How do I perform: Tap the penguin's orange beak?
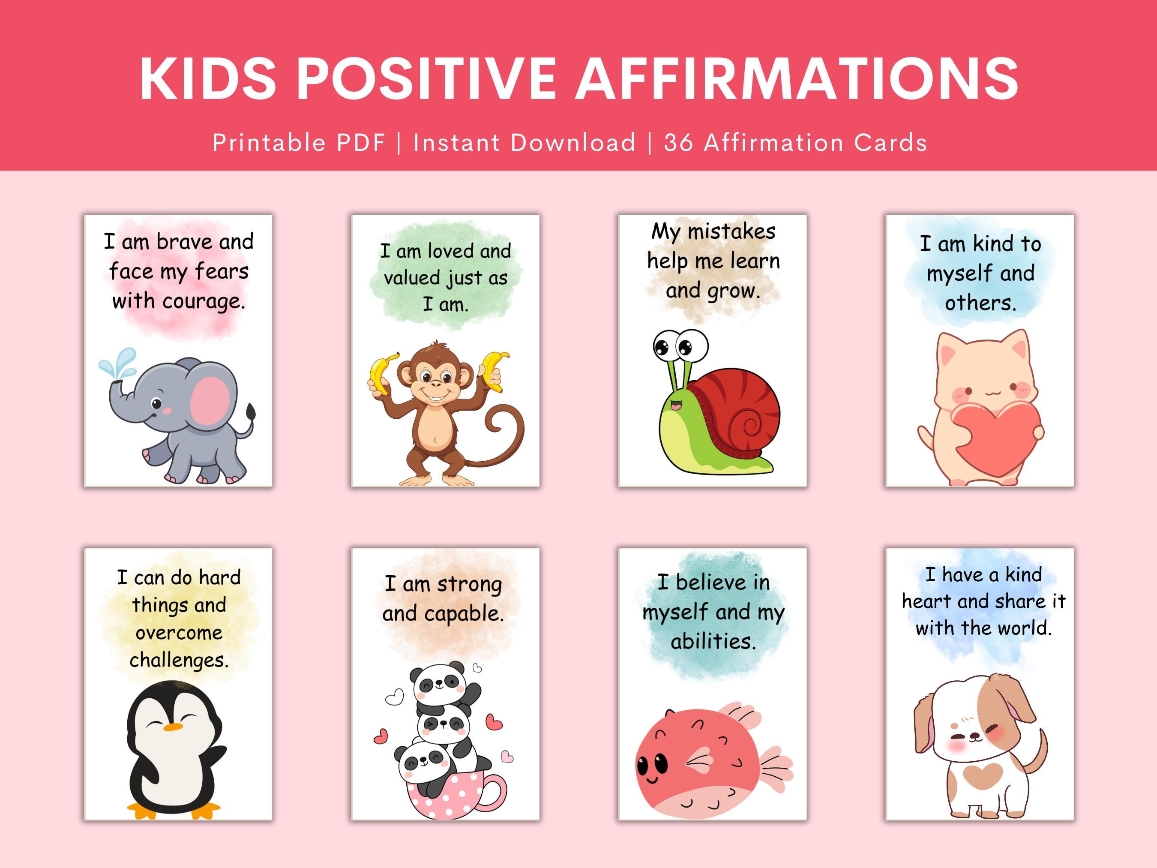172,727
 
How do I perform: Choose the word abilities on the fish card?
713,641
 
